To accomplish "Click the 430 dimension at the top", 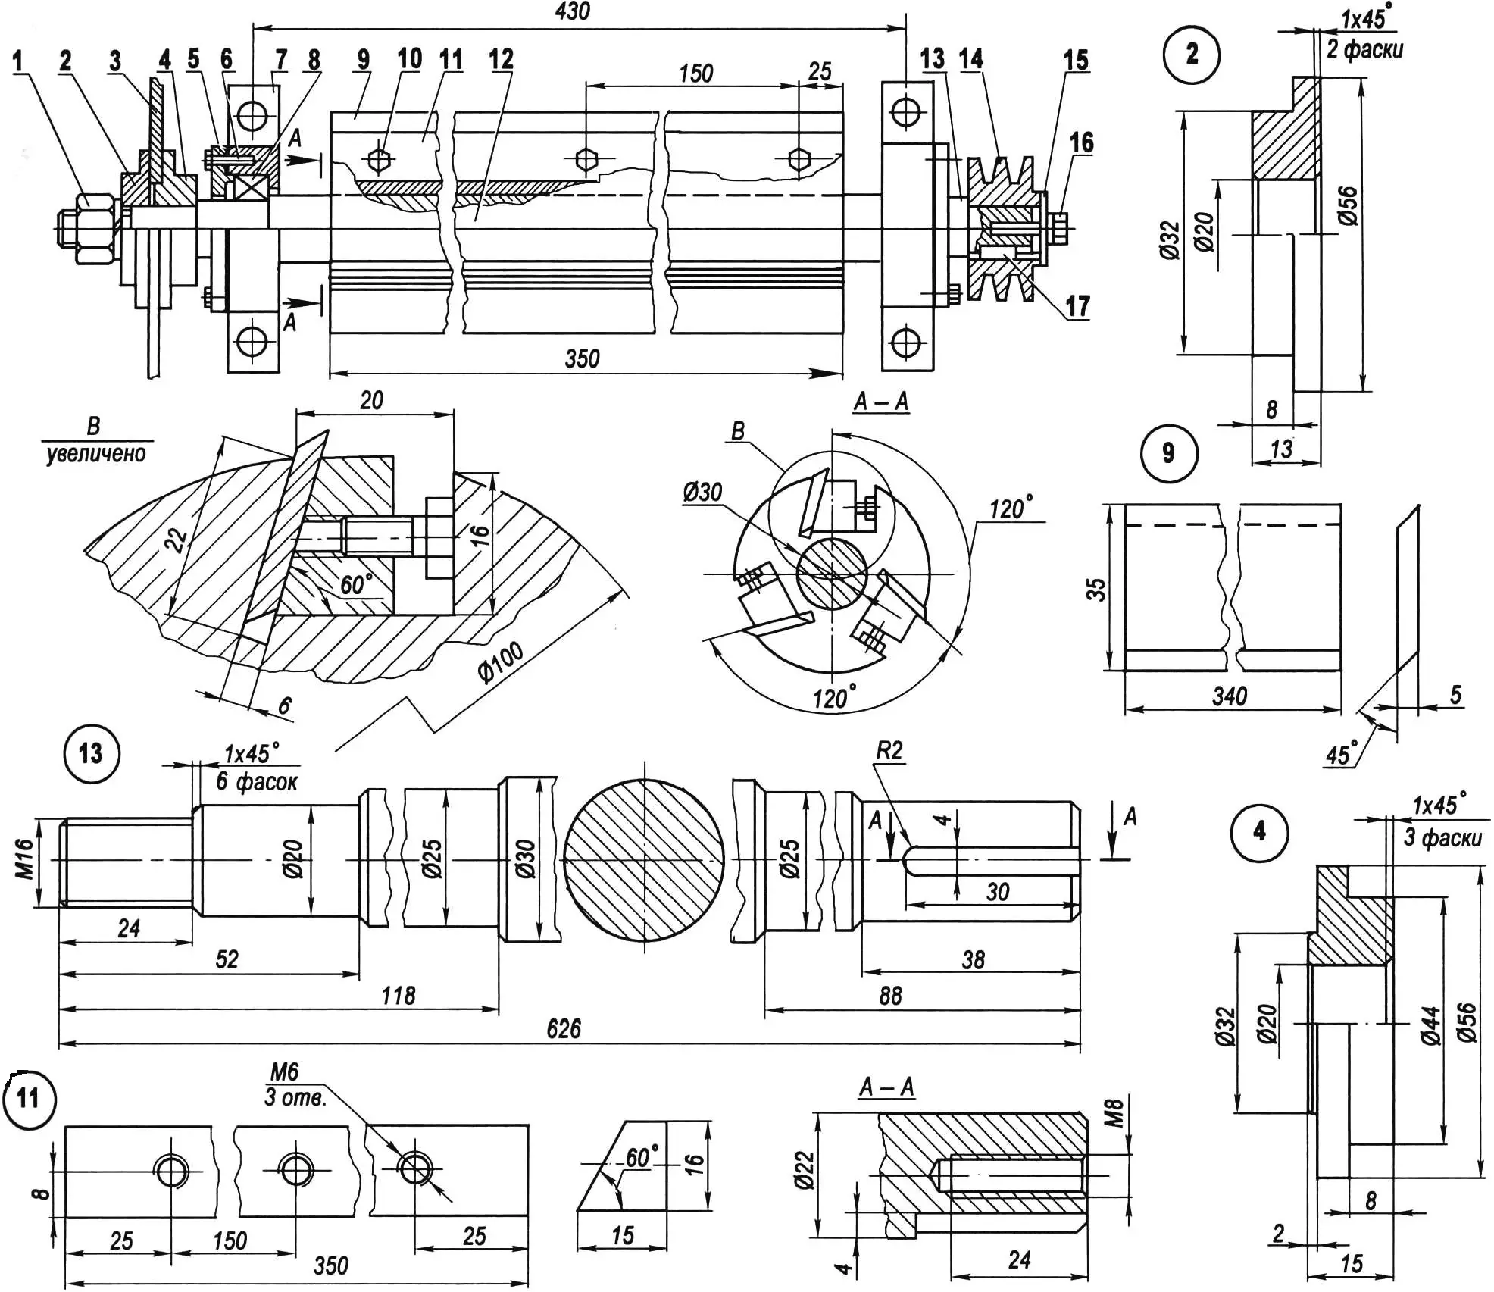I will coord(572,12).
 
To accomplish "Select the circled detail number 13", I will coord(90,753).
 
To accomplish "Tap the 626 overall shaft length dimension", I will coord(564,1028).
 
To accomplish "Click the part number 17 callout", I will coord(1077,306).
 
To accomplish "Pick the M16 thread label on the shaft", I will coord(25,859).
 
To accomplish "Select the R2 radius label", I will coord(889,751).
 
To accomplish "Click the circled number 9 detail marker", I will coord(1168,453).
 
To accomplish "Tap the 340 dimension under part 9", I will coord(1229,696).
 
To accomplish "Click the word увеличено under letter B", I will coord(96,454).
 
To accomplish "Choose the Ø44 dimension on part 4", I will coord(1430,1025).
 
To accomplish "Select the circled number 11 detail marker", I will coord(28,1098).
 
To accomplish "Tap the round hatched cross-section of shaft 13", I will coord(644,860).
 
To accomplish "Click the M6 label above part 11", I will coord(284,1071).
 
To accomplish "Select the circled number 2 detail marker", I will coord(1192,53).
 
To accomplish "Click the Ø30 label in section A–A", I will coord(702,493).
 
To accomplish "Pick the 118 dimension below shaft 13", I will coord(398,995).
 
